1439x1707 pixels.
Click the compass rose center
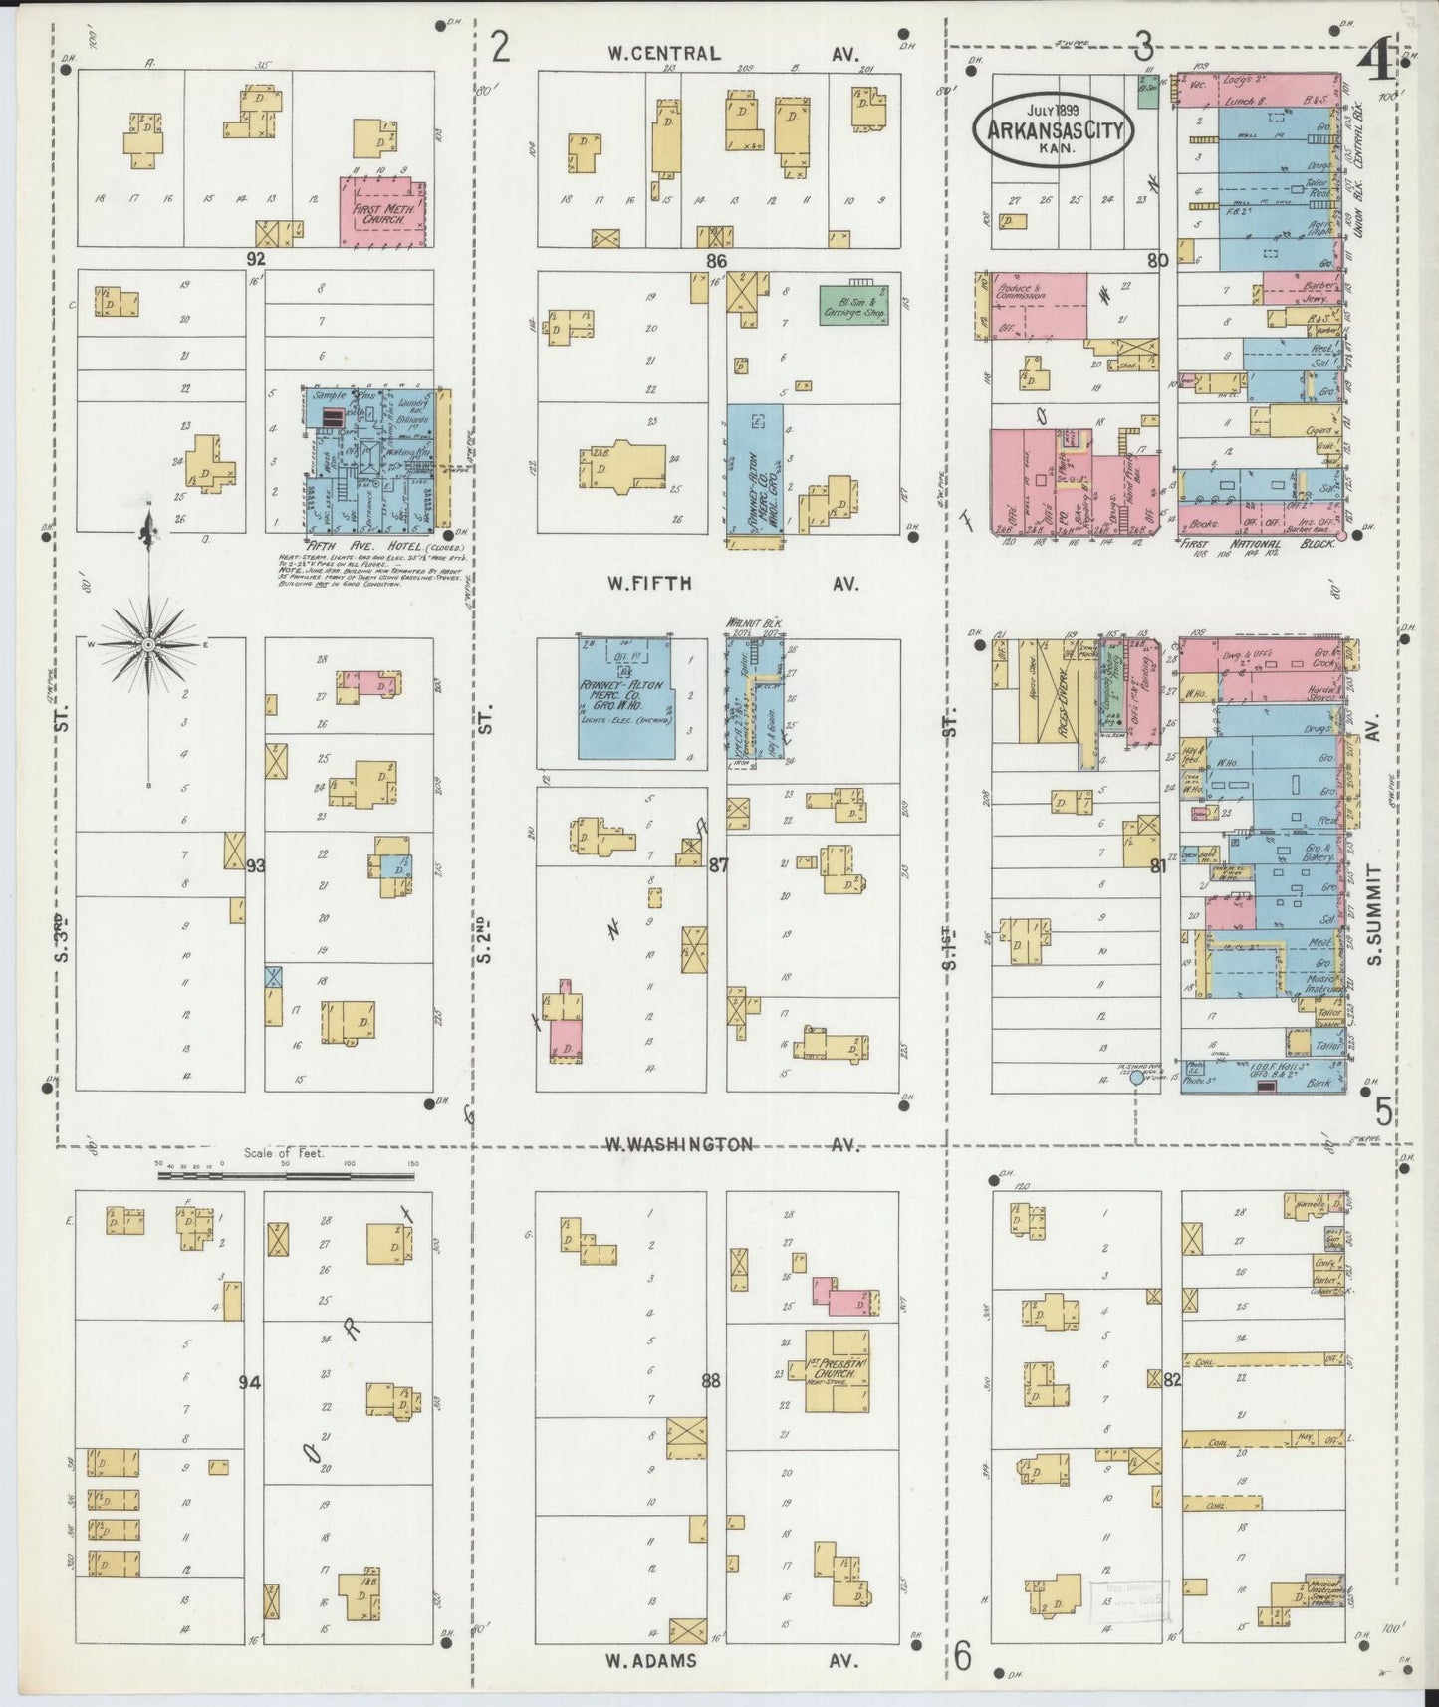point(148,644)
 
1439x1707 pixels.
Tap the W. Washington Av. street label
point(732,1144)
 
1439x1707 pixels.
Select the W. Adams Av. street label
point(732,1660)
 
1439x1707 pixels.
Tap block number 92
point(257,258)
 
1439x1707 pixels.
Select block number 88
point(711,1381)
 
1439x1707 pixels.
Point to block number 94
point(249,1381)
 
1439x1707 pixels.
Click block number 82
point(1171,1380)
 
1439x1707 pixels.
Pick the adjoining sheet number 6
point(962,1655)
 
